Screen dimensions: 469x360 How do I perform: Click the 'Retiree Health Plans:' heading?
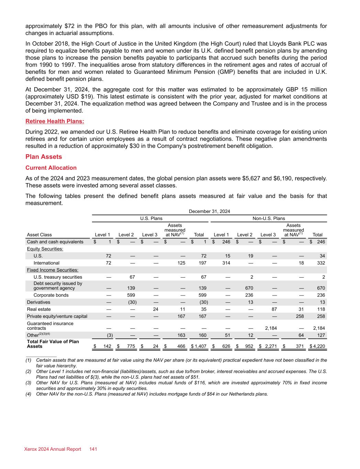55,121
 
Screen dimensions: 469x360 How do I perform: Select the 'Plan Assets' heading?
44,157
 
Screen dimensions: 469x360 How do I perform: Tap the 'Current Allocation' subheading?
51,168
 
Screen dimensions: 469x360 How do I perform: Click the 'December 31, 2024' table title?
209,211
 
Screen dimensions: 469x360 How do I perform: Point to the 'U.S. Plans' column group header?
151,218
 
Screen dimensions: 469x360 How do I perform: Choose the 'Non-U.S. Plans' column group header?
269,218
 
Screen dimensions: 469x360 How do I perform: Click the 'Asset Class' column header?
39,235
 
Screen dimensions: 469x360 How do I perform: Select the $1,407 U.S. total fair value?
199,346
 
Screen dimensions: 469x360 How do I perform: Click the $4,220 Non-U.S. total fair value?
317,346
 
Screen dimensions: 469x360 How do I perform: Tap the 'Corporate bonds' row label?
51,295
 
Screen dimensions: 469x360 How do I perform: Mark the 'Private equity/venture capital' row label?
57,316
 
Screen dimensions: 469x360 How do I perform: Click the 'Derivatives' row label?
38,302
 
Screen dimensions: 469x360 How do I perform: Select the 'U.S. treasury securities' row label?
58,277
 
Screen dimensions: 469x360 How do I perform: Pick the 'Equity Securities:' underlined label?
45,249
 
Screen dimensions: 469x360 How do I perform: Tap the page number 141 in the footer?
93,449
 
